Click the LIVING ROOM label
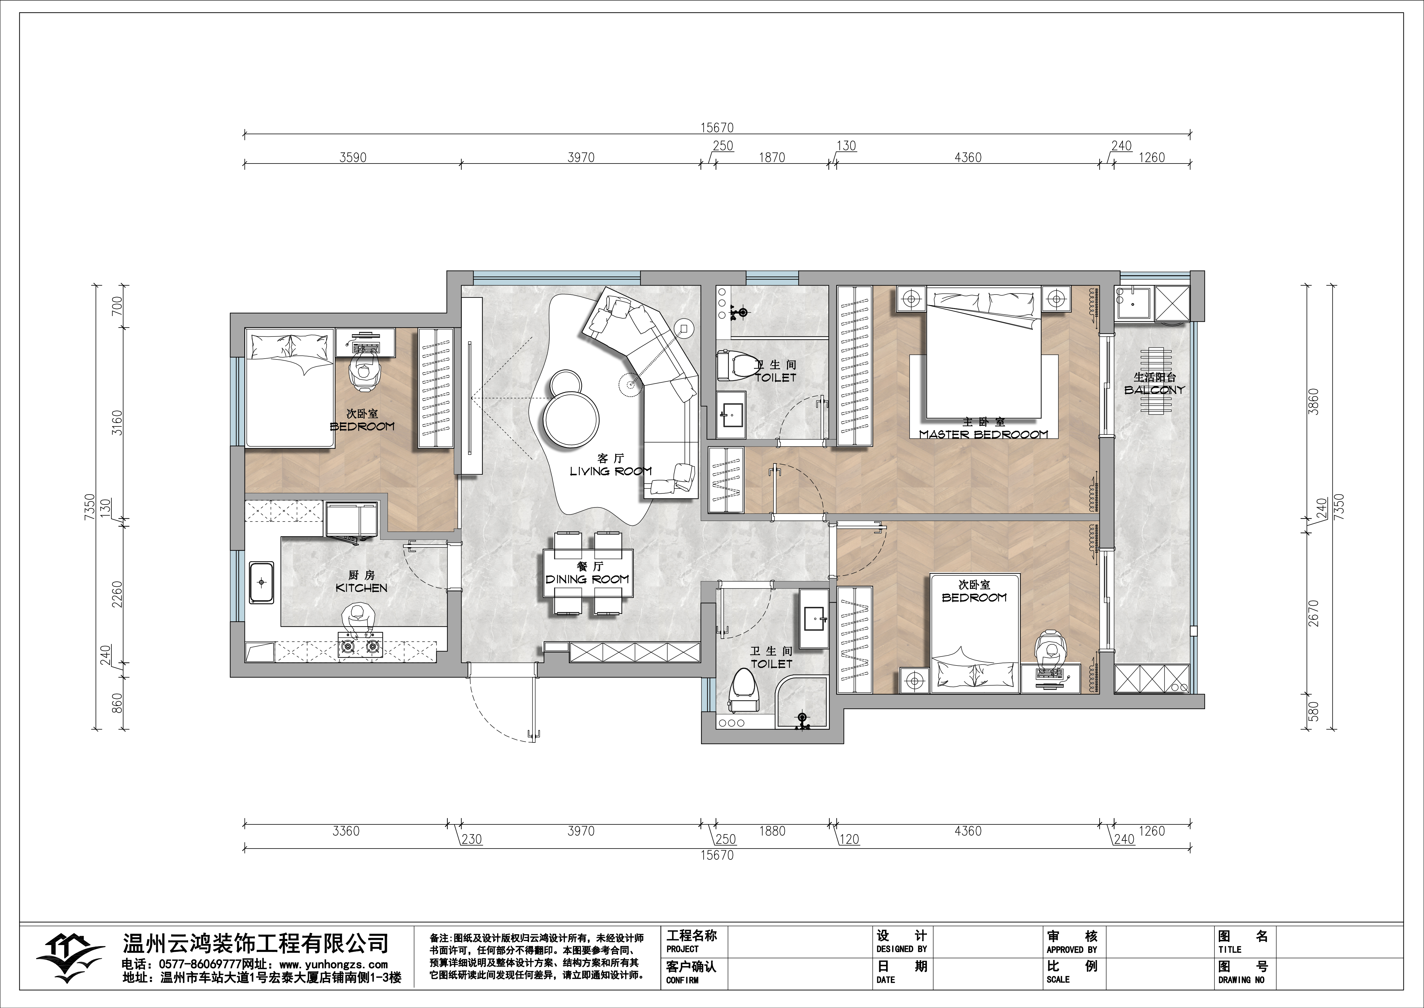tap(611, 471)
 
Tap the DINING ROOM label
tap(587, 579)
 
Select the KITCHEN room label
tap(362, 588)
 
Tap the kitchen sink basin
tap(262, 582)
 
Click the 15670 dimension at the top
tap(717, 128)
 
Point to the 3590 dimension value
tap(353, 158)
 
